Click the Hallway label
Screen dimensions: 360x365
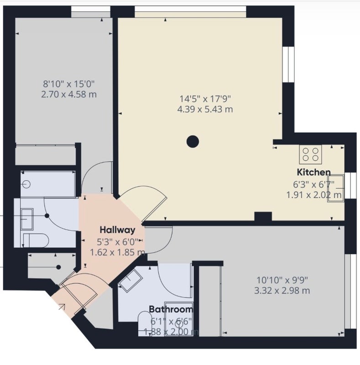pyautogui.click(x=117, y=230)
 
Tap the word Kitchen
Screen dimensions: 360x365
pyautogui.click(x=313, y=172)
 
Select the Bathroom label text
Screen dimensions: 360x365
pyautogui.click(x=171, y=309)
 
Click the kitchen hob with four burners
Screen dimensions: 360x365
pyautogui.click(x=311, y=155)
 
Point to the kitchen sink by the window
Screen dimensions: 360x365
pyautogui.click(x=335, y=188)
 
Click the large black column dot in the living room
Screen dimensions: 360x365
pyautogui.click(x=193, y=141)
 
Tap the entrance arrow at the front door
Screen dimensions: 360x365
pyautogui.click(x=62, y=307)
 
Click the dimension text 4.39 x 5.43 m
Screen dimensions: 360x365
pyautogui.click(x=205, y=109)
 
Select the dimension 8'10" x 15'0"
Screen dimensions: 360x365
pyautogui.click(x=69, y=83)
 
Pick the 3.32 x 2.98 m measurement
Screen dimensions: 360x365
pyautogui.click(x=282, y=291)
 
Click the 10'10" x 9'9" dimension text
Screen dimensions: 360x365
pyautogui.click(x=282, y=280)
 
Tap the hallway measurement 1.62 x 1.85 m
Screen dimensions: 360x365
pyautogui.click(x=118, y=252)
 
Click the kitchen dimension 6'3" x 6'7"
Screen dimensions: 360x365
pyautogui.click(x=313, y=184)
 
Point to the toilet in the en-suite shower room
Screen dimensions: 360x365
pyautogui.click(x=36, y=240)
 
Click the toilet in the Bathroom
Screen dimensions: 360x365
pyautogui.click(x=145, y=324)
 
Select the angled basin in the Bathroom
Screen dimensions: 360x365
pyautogui.click(x=130, y=281)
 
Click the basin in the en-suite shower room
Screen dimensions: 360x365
pyautogui.click(x=27, y=219)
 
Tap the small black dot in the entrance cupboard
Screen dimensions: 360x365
pyautogui.click(x=58, y=267)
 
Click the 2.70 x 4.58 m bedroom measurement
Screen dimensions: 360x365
pyautogui.click(x=69, y=94)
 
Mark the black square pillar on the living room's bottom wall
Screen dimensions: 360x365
pyautogui.click(x=263, y=216)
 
